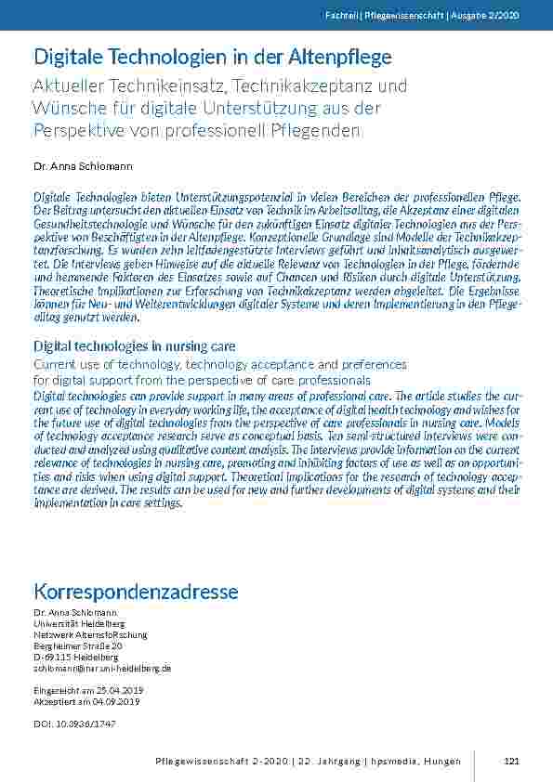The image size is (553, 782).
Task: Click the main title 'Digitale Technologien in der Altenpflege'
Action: pos(212,58)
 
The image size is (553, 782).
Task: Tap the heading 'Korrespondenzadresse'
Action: pos(136,592)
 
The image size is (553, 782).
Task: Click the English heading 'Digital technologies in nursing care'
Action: pos(135,346)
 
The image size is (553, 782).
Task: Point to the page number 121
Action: pos(510,762)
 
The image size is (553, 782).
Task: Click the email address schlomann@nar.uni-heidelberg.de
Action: pos(102,668)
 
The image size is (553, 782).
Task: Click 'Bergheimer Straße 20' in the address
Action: pos(78,645)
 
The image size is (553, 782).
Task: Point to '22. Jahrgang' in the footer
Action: pos(327,762)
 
